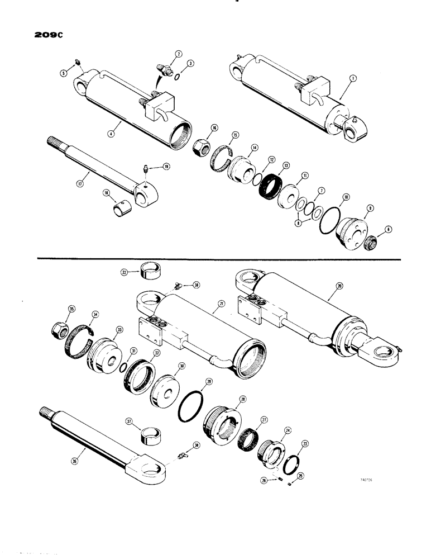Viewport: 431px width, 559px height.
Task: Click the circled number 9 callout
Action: click(x=367, y=208)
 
